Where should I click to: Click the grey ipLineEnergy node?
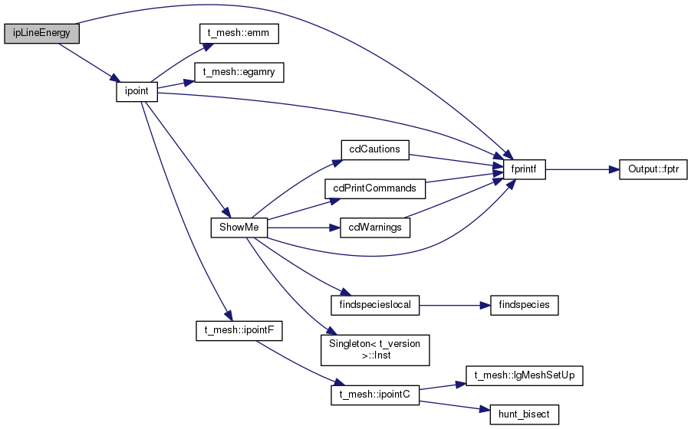click(42, 34)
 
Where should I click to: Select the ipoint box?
click(137, 91)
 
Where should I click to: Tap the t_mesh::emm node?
click(239, 34)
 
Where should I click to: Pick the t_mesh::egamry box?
click(239, 73)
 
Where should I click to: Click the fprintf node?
click(524, 169)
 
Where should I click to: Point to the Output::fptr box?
click(653, 169)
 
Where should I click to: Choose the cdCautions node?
click(375, 150)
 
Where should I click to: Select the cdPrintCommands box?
click(375, 188)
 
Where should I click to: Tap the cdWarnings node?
click(375, 228)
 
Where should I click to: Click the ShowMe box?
click(239, 228)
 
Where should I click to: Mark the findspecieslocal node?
click(375, 306)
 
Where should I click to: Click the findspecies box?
click(524, 306)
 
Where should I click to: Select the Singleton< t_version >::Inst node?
click(375, 350)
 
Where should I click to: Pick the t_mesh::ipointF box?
click(239, 331)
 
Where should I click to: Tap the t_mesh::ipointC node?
click(375, 395)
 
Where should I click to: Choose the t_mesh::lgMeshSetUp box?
click(524, 376)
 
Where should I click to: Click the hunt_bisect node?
click(524, 415)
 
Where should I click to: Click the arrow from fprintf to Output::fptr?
click(582, 169)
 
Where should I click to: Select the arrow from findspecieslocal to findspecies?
click(455, 306)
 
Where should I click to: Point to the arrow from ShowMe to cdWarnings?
click(304, 228)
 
